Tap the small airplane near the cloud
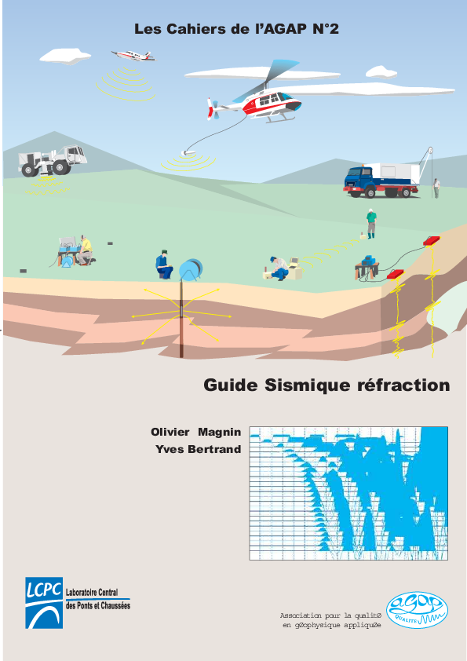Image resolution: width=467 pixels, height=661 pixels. [133, 55]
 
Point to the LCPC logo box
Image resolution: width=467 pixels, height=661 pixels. [44, 602]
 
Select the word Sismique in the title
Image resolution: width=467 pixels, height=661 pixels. [298, 385]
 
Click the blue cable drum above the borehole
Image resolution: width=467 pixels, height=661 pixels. [190, 270]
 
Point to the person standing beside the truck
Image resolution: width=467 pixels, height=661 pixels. [436, 188]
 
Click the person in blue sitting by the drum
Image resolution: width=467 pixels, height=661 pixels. [164, 265]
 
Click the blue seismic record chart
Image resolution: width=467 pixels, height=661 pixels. [348, 493]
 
